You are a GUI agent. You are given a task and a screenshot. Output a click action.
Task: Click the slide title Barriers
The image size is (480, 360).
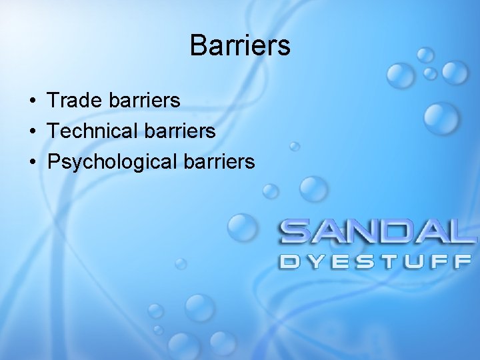[240, 46]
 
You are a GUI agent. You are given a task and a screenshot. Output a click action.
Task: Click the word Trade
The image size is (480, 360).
[71, 101]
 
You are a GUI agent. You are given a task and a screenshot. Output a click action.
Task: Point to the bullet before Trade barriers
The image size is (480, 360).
[32, 101]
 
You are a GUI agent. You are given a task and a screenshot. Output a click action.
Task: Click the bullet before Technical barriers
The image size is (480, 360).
[32, 131]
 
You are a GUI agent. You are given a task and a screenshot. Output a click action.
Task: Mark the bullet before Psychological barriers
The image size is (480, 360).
[32, 162]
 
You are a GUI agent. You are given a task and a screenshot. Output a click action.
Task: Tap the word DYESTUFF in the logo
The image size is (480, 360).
[376, 261]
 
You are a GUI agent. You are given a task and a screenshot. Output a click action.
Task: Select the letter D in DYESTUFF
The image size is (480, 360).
[290, 261]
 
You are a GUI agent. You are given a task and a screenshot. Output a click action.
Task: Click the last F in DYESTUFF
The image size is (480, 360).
[463, 261]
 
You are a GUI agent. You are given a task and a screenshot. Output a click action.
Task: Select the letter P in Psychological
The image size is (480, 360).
[53, 161]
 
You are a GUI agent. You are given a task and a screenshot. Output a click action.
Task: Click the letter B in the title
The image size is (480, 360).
[197, 46]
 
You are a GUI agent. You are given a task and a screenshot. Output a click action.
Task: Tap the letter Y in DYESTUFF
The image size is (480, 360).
[315, 261]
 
